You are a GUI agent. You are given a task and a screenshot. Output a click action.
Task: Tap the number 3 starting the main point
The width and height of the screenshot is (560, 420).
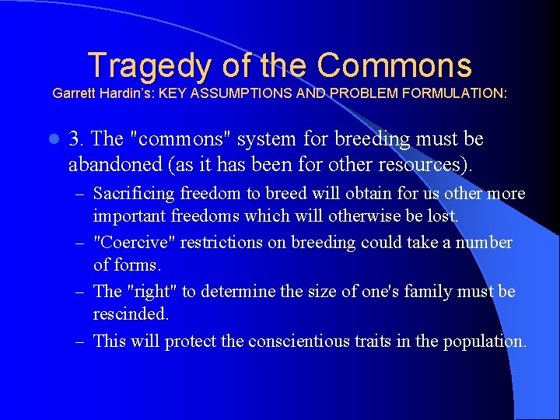[x=75, y=139]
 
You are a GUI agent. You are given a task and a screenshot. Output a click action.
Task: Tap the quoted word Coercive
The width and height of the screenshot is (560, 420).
[x=134, y=243]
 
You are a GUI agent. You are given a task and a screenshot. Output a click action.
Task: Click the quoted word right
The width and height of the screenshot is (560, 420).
[x=152, y=292]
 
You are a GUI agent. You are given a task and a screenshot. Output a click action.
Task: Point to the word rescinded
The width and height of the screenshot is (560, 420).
[x=130, y=313]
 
